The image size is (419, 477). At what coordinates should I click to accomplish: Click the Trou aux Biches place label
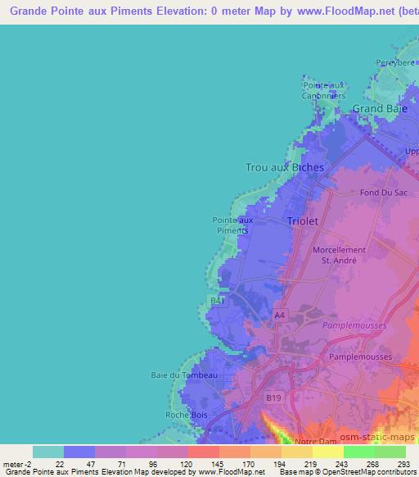point(285,167)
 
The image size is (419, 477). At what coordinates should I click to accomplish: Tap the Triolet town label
point(304,221)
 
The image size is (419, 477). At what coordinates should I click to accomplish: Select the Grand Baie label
point(379,108)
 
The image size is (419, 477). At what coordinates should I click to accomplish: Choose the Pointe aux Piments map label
point(233,225)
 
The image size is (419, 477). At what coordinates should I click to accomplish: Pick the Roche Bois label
point(187,415)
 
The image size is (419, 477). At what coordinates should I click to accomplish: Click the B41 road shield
point(217,302)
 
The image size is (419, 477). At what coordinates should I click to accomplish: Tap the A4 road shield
point(280,315)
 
